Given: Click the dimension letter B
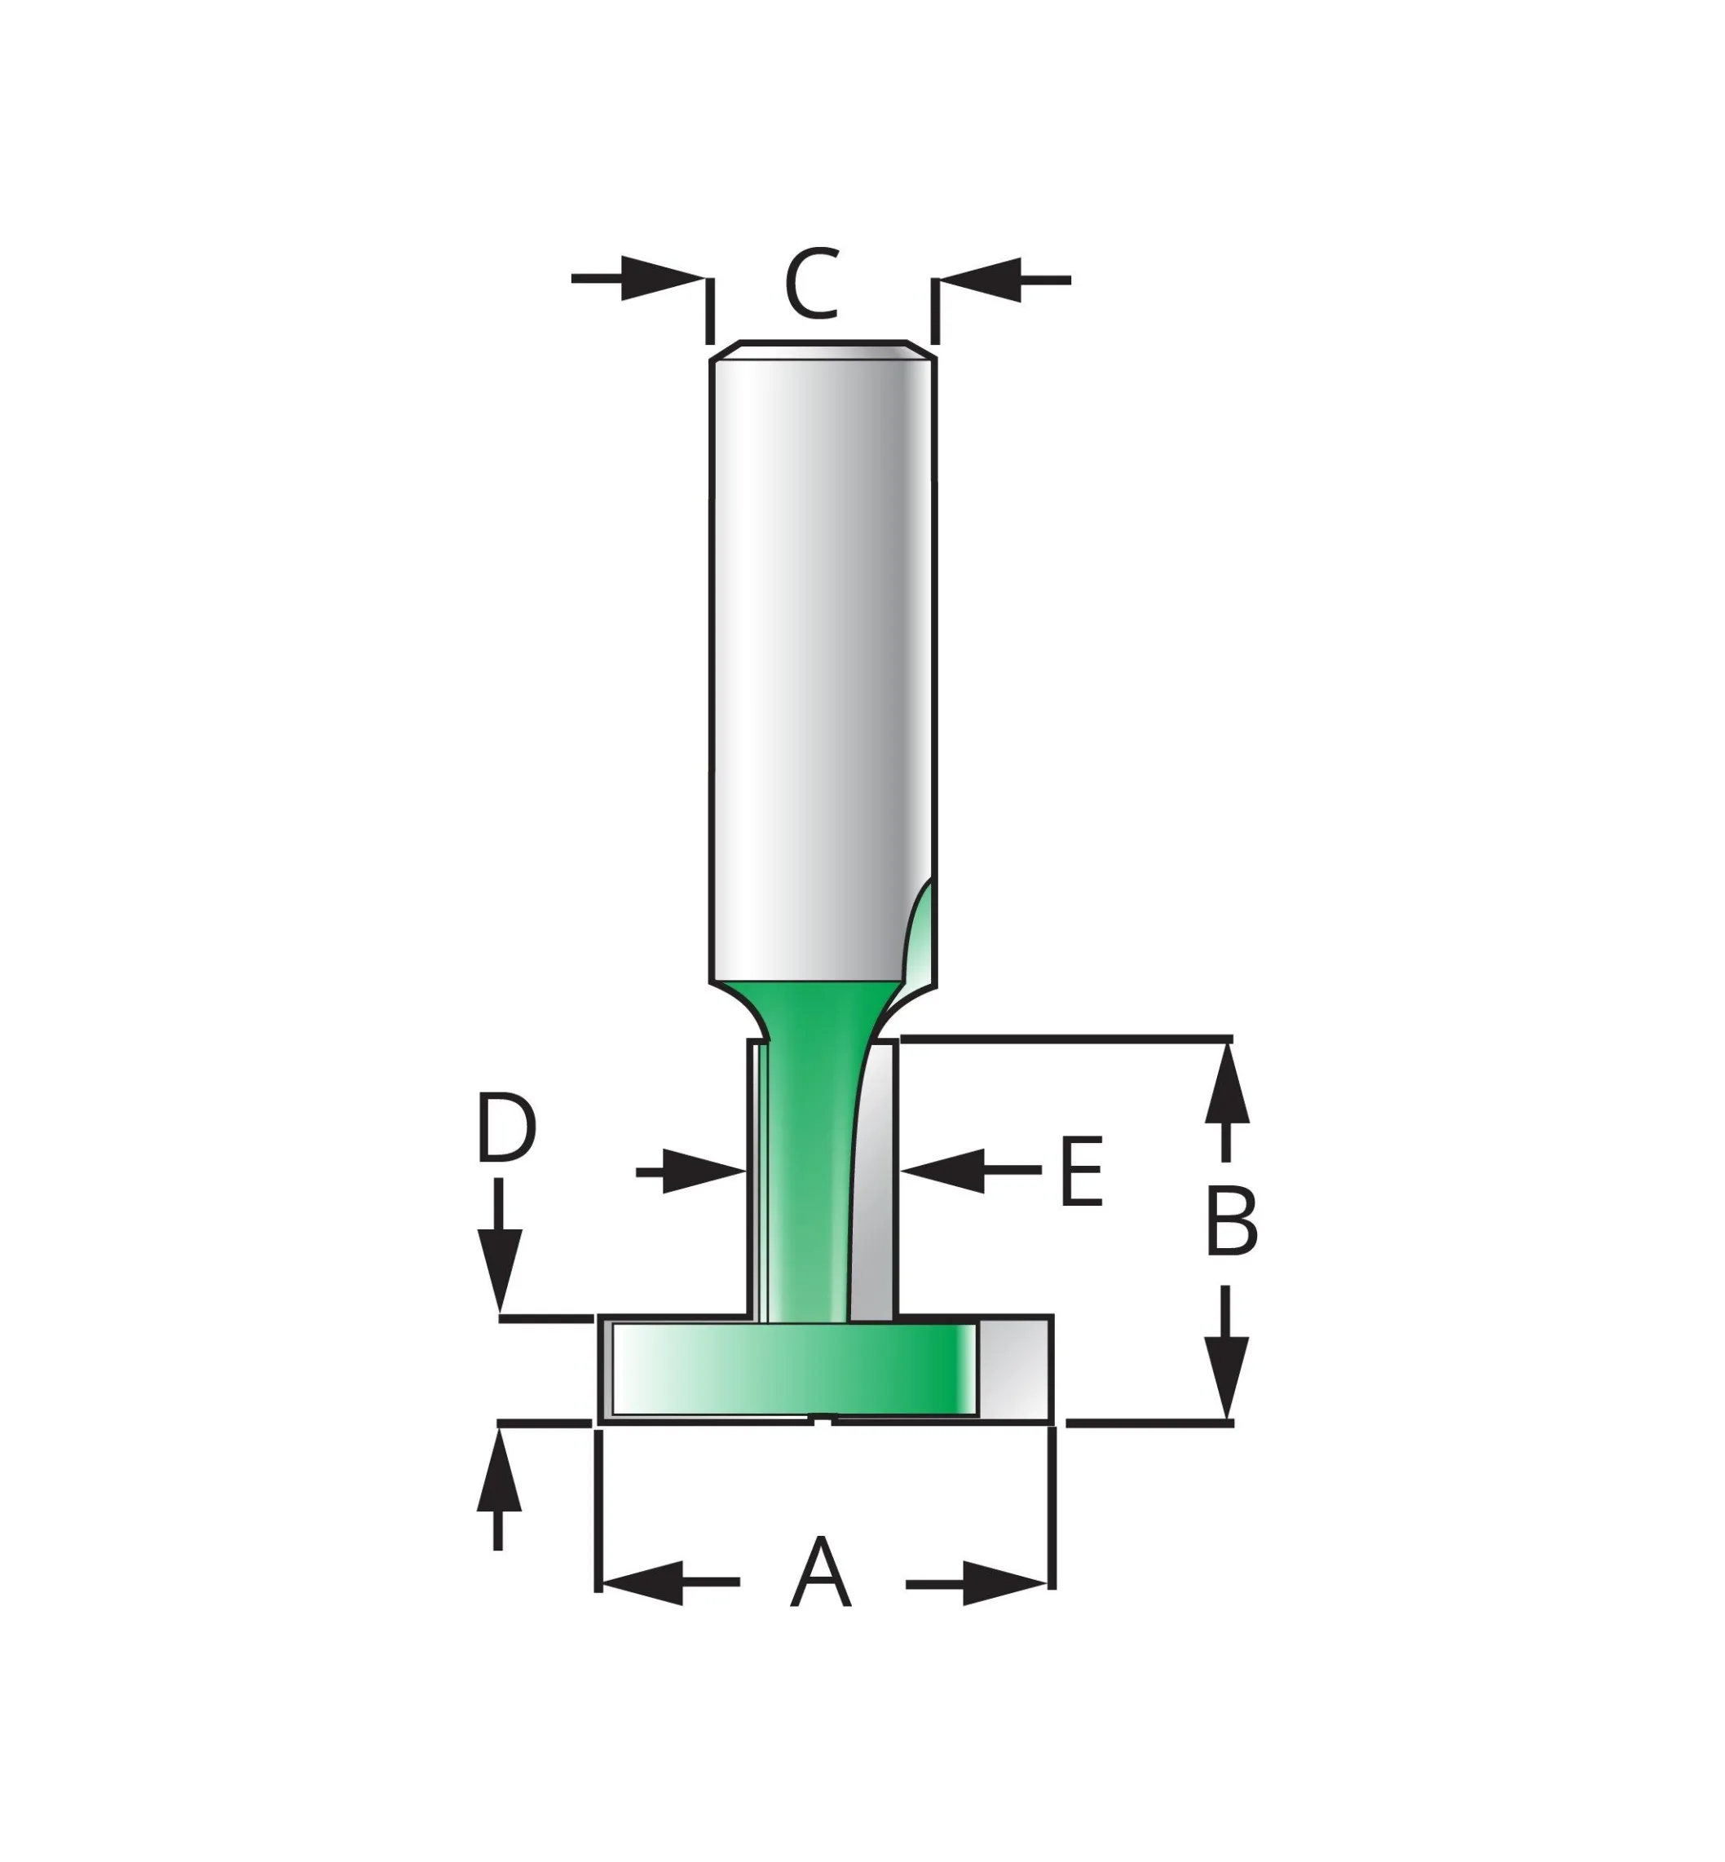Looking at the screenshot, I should [x=1232, y=1222].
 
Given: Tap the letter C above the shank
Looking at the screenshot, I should [x=812, y=284].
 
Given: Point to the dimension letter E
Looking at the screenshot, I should [x=1083, y=1171].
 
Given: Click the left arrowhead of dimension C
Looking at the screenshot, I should [x=663, y=278].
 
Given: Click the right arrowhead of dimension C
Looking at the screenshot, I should [x=980, y=279].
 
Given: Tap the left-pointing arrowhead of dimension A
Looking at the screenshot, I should [x=643, y=1582].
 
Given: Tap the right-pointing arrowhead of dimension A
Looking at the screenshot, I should [x=1004, y=1583].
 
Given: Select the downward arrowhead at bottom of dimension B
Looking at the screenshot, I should [x=1227, y=1376].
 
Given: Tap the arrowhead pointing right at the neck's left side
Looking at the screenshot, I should [x=704, y=1172].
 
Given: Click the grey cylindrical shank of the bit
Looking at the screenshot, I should [x=823, y=653].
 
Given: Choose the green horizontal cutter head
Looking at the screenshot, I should [x=793, y=1367].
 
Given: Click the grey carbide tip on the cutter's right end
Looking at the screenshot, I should [x=1015, y=1368].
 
